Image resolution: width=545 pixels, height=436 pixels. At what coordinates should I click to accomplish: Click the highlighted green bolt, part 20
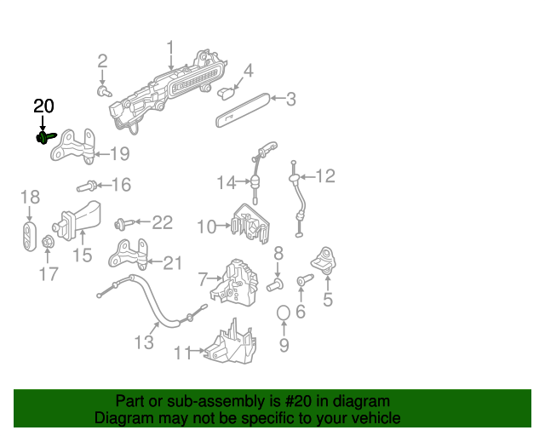coord(44,137)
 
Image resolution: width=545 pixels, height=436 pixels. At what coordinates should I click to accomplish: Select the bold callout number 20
coord(43,106)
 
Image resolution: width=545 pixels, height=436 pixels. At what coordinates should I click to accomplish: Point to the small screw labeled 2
coord(104,89)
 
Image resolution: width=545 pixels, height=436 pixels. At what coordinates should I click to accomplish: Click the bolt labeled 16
coord(88,185)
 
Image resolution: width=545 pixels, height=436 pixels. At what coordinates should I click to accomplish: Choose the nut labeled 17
coord(49,245)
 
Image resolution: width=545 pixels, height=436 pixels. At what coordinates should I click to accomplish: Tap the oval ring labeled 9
coord(284,317)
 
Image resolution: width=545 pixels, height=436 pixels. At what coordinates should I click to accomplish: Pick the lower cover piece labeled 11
coord(230,342)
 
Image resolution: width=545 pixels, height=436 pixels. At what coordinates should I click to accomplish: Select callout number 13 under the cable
coord(143,341)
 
